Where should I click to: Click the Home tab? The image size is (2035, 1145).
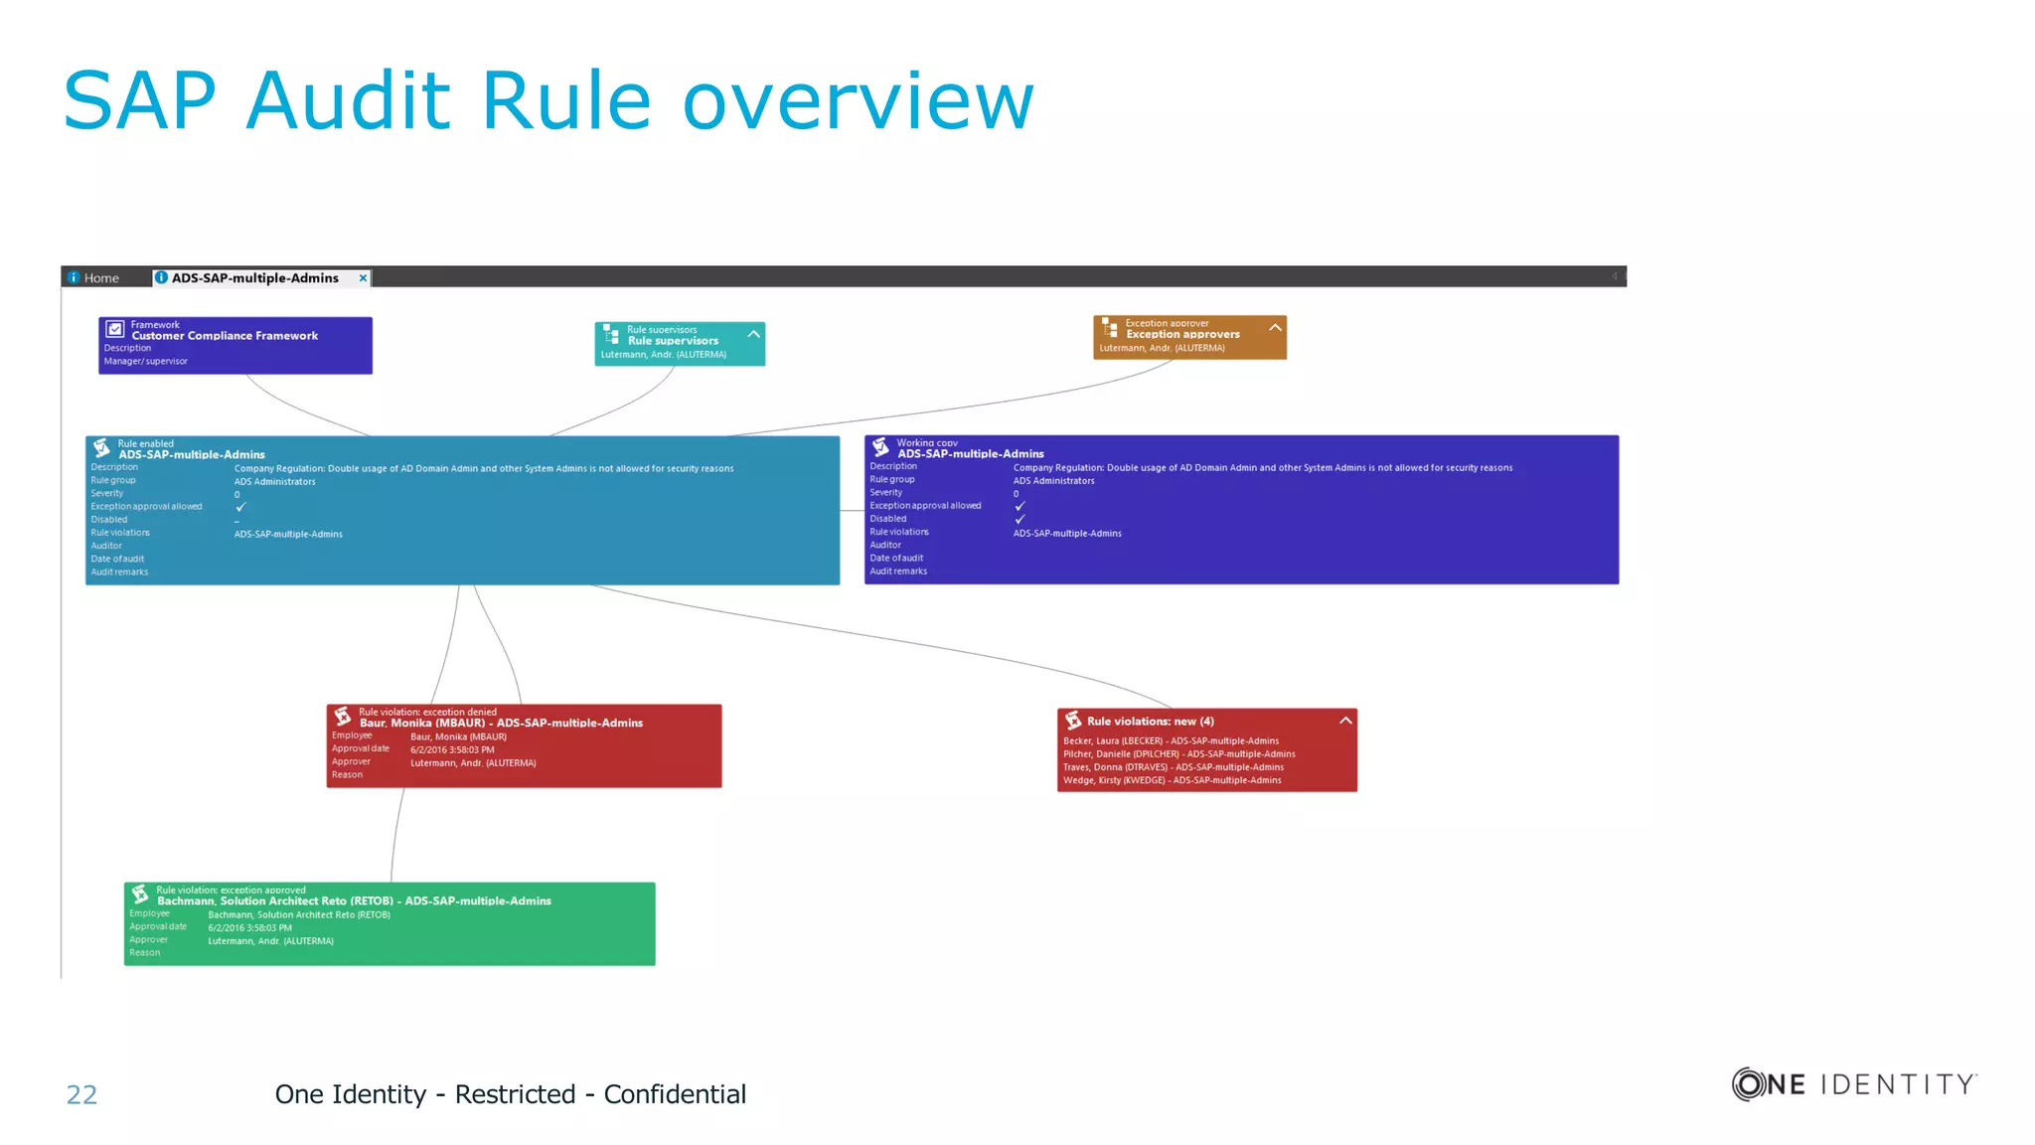pos(100,278)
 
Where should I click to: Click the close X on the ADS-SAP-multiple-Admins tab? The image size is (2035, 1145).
pos(363,278)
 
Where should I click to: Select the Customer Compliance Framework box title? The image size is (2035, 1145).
pos(225,336)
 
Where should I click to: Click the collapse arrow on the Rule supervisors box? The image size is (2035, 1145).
pos(753,335)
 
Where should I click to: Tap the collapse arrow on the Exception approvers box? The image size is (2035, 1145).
pos(1275,328)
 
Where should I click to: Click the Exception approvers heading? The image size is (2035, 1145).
pos(1182,335)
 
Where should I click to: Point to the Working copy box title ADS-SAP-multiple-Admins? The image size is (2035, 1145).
pos(971,454)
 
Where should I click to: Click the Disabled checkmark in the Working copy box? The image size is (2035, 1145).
pos(1019,519)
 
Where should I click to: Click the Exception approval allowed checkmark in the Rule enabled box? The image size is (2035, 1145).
pos(240,507)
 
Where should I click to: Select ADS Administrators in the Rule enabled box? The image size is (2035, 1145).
pos(274,482)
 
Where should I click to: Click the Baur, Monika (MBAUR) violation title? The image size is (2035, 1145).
pos(501,724)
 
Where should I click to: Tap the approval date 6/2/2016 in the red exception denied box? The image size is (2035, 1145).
pos(452,750)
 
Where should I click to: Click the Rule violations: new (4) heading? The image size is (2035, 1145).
pos(1150,722)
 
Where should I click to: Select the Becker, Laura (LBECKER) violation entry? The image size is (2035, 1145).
pos(1171,741)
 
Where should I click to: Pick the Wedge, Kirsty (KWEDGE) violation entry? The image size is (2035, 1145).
pos(1172,780)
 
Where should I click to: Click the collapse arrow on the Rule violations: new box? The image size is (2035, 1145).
pos(1345,721)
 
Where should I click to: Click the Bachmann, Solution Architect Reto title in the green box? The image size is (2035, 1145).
pos(354,901)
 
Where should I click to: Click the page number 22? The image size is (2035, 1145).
pos(81,1094)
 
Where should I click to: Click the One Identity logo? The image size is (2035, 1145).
pos(1854,1083)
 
